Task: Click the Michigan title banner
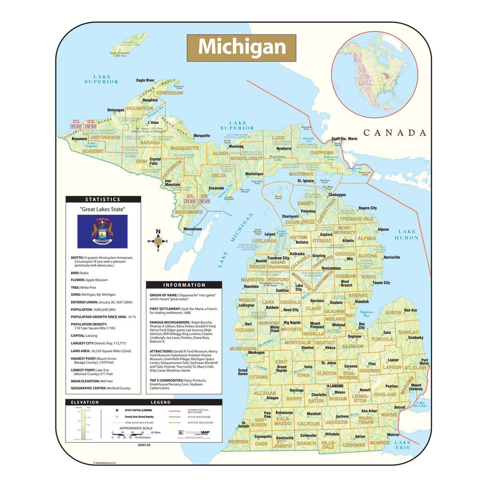coord(241,47)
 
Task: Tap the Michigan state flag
coord(102,231)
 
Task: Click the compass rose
coord(158,241)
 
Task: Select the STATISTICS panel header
coord(103,200)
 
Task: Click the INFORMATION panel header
coord(184,285)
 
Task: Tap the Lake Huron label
coord(407,234)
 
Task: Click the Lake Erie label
coord(403,445)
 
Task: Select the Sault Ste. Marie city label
coord(344,138)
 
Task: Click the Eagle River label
coord(145,80)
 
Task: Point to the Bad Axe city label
coord(410,310)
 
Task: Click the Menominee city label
coord(193,229)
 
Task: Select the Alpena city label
coord(383,229)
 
